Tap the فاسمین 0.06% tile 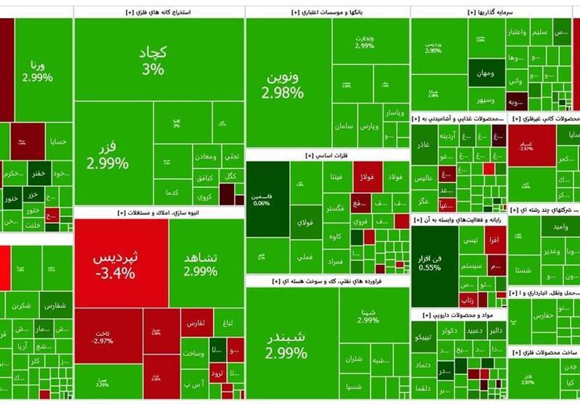click(267, 199)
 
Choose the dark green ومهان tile click(486, 72)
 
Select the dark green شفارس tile click(56, 305)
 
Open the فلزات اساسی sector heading click(327, 155)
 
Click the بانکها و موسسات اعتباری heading click(327, 12)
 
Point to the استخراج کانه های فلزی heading click(159, 12)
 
